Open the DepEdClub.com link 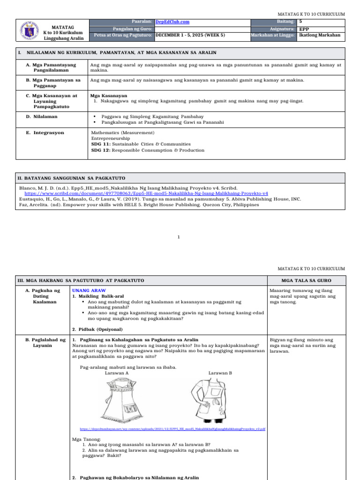(x=172, y=22)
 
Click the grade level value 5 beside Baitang (x=300, y=22)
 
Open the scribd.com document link (x=146, y=193)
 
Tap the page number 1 (x=180, y=237)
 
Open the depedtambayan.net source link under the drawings (x=173, y=429)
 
